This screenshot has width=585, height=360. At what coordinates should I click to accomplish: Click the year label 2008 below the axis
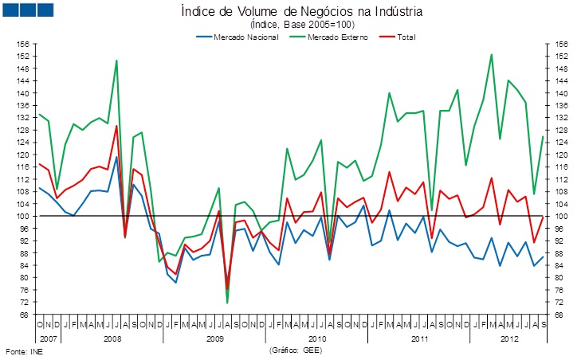(x=112, y=338)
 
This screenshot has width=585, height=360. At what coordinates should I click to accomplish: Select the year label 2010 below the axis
(x=316, y=338)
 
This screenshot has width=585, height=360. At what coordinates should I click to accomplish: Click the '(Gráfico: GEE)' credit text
(x=296, y=350)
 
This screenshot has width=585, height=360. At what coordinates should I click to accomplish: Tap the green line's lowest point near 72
(x=228, y=303)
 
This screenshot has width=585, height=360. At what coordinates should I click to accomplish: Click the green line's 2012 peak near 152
(x=491, y=54)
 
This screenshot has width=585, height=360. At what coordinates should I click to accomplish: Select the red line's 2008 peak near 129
(x=116, y=125)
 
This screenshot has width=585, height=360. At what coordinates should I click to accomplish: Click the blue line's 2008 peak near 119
(x=116, y=156)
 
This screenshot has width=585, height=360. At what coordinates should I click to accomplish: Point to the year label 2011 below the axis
(x=419, y=338)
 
